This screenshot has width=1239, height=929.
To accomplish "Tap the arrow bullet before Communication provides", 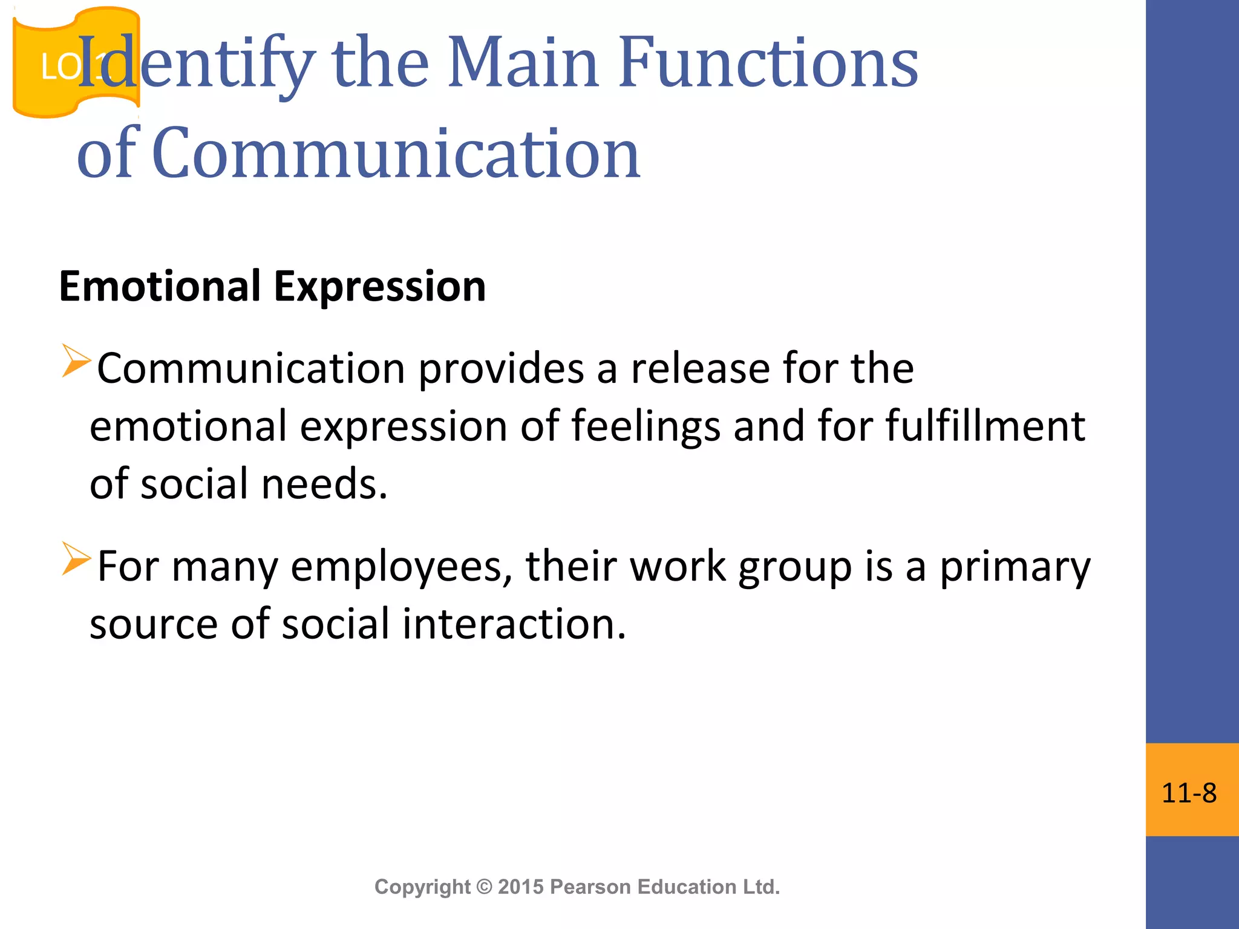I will pos(76,360).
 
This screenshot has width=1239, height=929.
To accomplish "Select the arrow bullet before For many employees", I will pos(76,558).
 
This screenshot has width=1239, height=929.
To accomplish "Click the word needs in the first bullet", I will pos(324,484).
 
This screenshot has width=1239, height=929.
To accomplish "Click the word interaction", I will pos(514,624).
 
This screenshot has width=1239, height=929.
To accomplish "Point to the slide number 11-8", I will pos(1189,793).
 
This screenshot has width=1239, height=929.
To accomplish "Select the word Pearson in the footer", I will pos(591,887).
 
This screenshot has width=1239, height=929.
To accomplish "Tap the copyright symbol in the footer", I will pos(485,887).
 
